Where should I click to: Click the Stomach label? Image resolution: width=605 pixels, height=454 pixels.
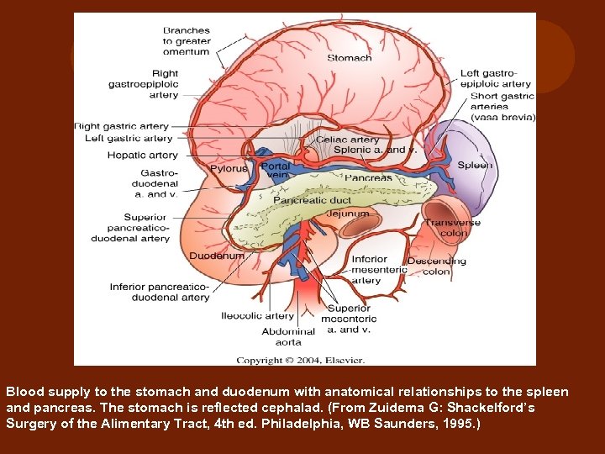[x=349, y=58]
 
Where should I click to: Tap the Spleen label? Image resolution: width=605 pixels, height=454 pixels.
[x=475, y=166]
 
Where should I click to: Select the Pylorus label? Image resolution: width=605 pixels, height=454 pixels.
[x=228, y=168]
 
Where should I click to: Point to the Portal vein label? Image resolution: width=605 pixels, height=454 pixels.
[x=276, y=172]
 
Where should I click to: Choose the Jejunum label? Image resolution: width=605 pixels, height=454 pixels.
[x=348, y=214]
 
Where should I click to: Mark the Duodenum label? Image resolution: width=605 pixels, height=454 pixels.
[x=217, y=256]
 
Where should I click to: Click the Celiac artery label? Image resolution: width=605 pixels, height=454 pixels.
[x=347, y=140]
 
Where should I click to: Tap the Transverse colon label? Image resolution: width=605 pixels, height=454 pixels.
[x=452, y=228]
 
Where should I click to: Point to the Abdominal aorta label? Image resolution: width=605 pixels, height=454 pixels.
[x=288, y=336]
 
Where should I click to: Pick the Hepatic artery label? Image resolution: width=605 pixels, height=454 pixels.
[x=142, y=155]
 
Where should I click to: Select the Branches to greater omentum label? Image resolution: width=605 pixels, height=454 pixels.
[x=187, y=41]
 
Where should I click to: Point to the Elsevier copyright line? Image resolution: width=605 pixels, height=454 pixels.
[x=300, y=360]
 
